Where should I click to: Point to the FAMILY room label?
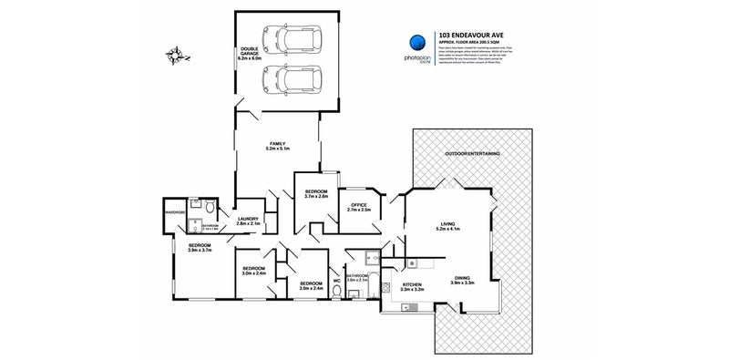coord(277,146)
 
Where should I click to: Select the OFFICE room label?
coord(358,207)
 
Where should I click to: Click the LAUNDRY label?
coord(250,220)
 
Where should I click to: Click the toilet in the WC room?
coord(337,292)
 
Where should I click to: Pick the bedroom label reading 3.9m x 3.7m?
coord(200,248)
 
